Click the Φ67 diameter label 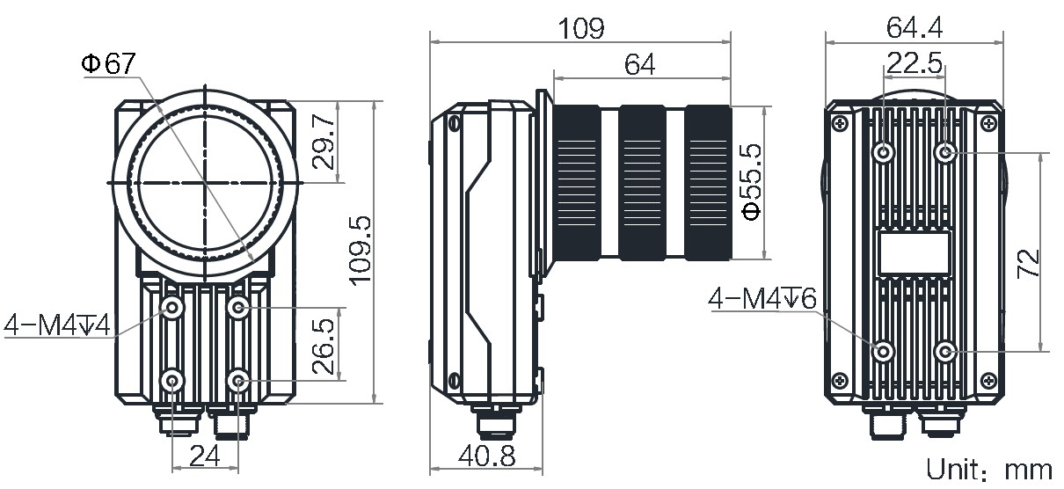(x=109, y=63)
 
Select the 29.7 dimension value (x=324, y=142)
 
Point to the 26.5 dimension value (x=324, y=346)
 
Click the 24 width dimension (x=205, y=456)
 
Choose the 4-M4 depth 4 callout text (x=57, y=325)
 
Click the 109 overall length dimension (x=581, y=28)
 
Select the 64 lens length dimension (x=639, y=64)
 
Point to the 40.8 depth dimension (x=486, y=456)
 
